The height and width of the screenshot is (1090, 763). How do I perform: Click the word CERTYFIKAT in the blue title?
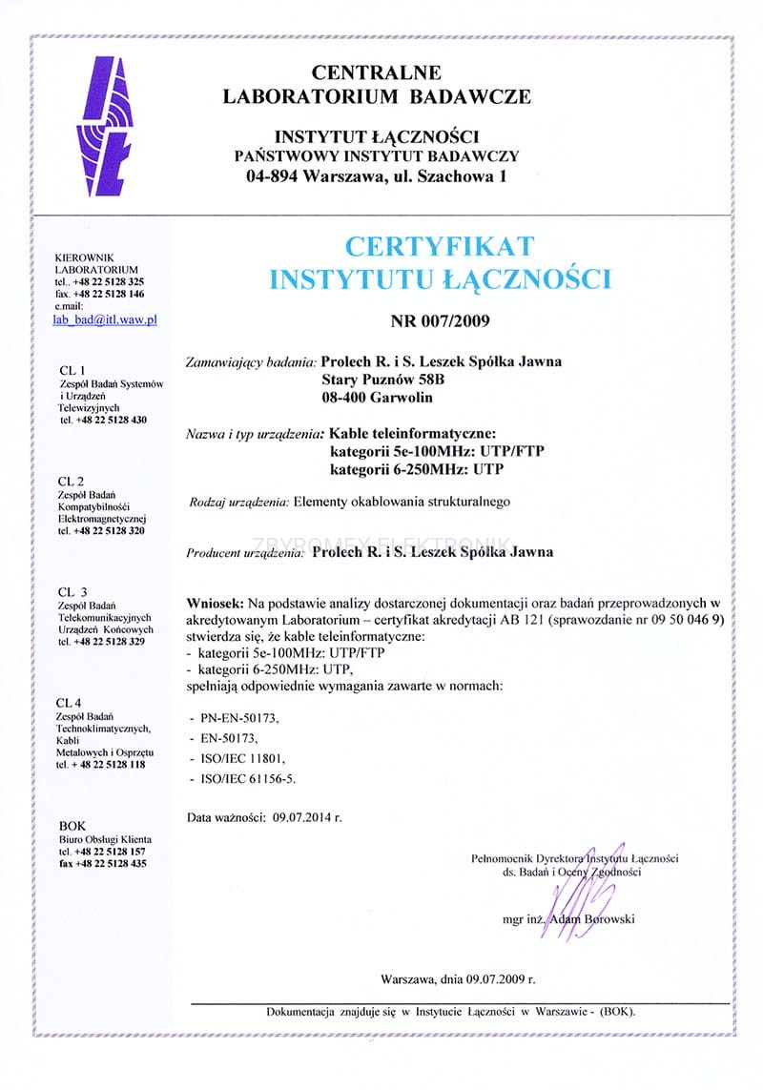click(440, 246)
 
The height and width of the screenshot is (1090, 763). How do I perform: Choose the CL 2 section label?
click(72, 480)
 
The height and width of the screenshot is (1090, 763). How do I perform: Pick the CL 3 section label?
click(72, 592)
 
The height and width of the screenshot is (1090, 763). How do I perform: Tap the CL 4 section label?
click(72, 703)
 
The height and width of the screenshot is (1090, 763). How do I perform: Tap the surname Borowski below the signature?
click(606, 919)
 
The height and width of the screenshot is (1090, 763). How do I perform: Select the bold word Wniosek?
click(218, 603)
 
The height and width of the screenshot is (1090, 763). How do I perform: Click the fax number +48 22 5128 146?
click(109, 295)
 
